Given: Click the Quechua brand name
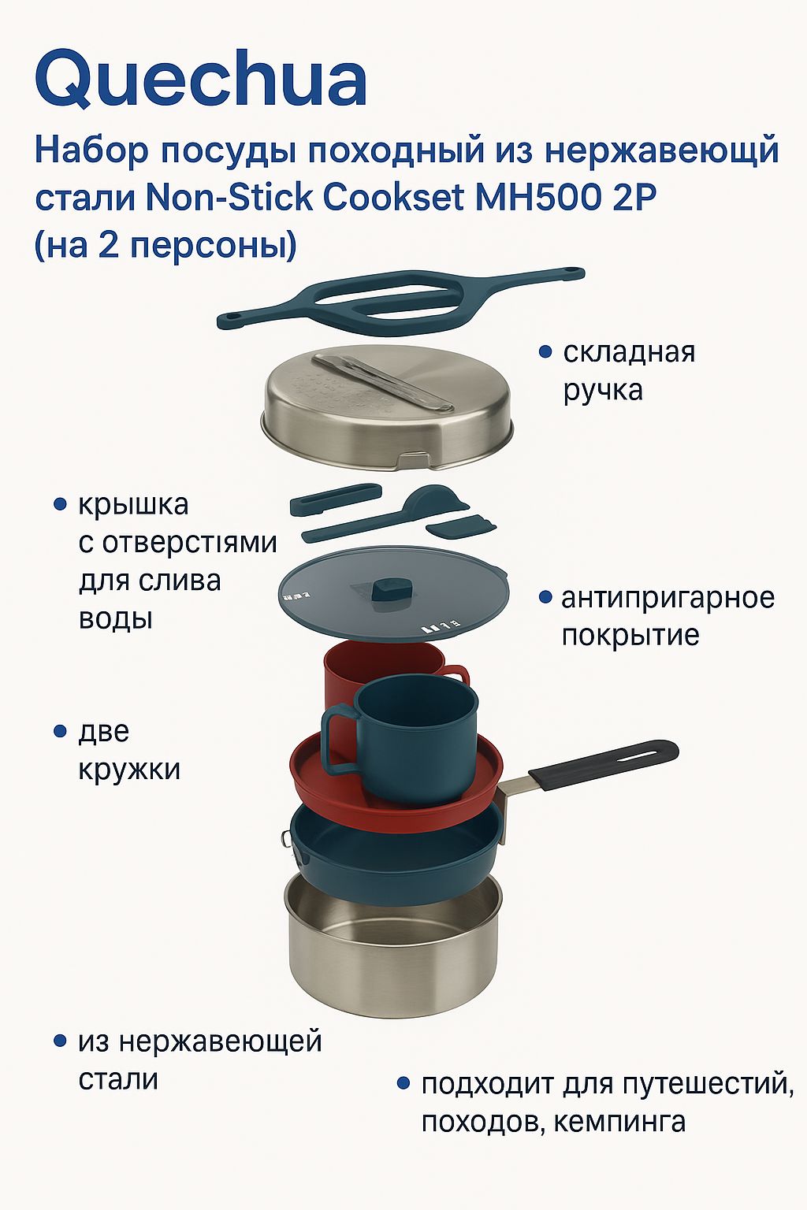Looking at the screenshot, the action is point(201,80).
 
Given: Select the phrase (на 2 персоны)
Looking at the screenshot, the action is point(166,246).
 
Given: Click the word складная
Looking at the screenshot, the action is point(629,352).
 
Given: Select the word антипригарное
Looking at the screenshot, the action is point(668,599).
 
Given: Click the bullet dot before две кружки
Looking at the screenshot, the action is point(60,732).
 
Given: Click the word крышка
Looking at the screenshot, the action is point(133,506).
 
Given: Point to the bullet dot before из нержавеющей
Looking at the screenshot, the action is point(60,1041).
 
